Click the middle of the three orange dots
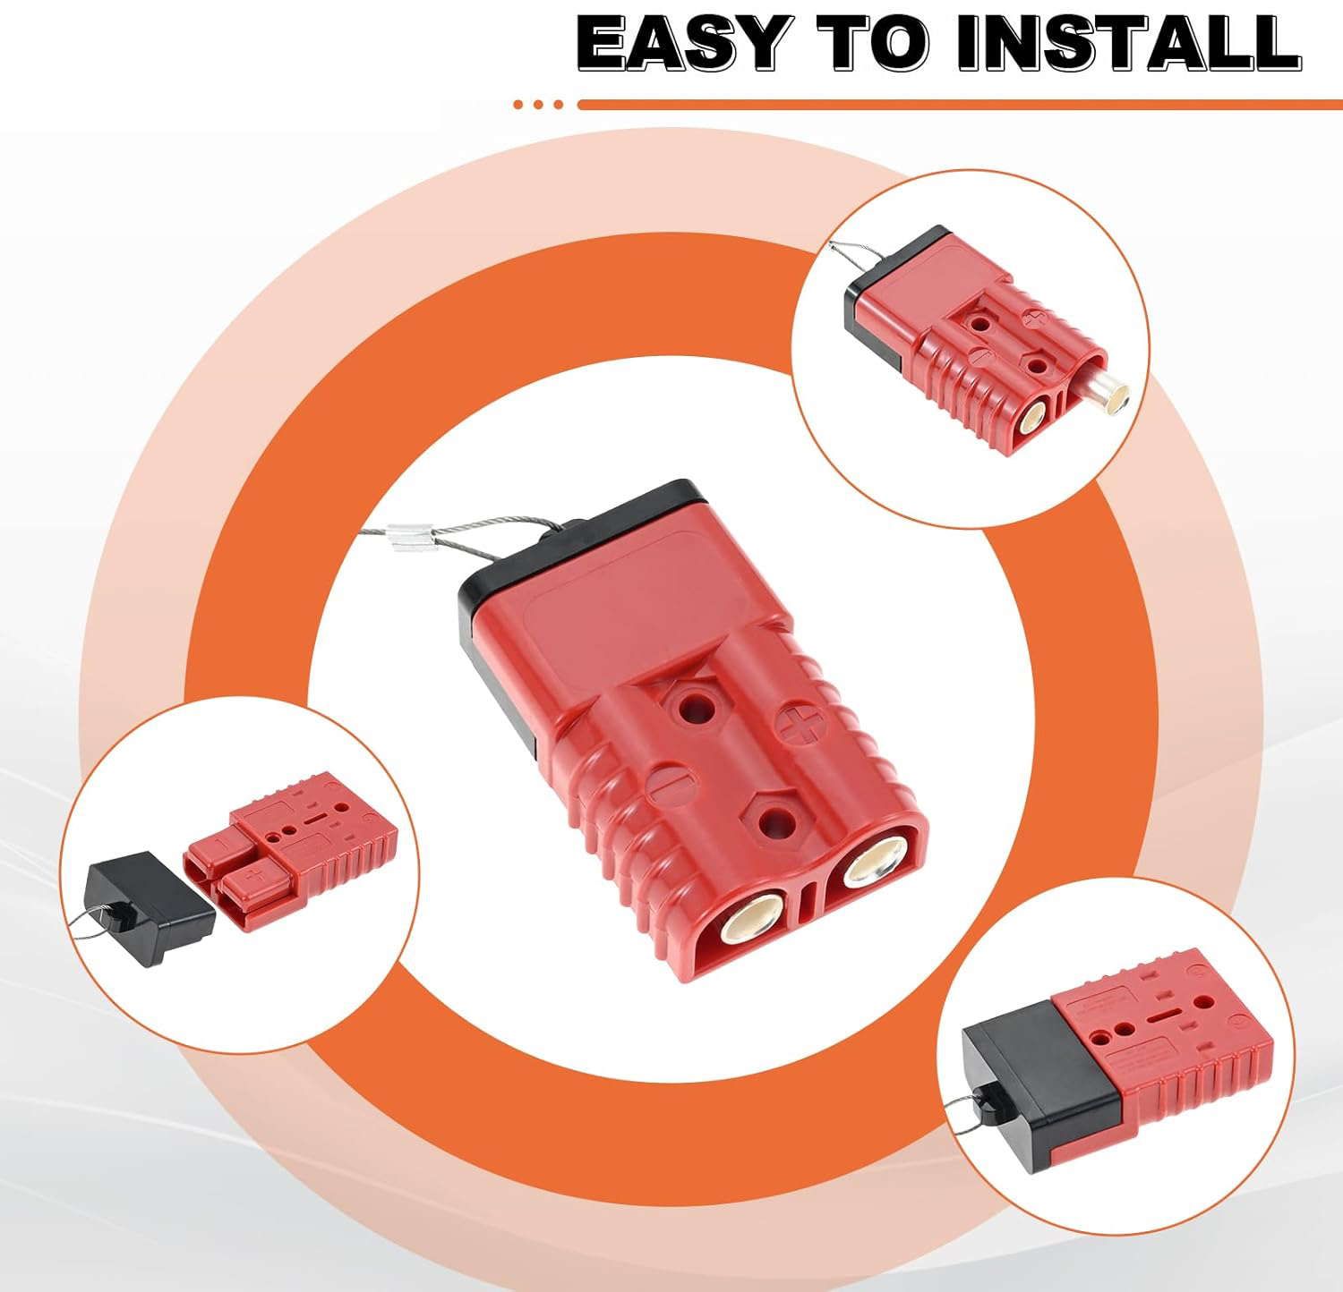coord(538,105)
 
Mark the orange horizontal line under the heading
coord(960,105)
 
